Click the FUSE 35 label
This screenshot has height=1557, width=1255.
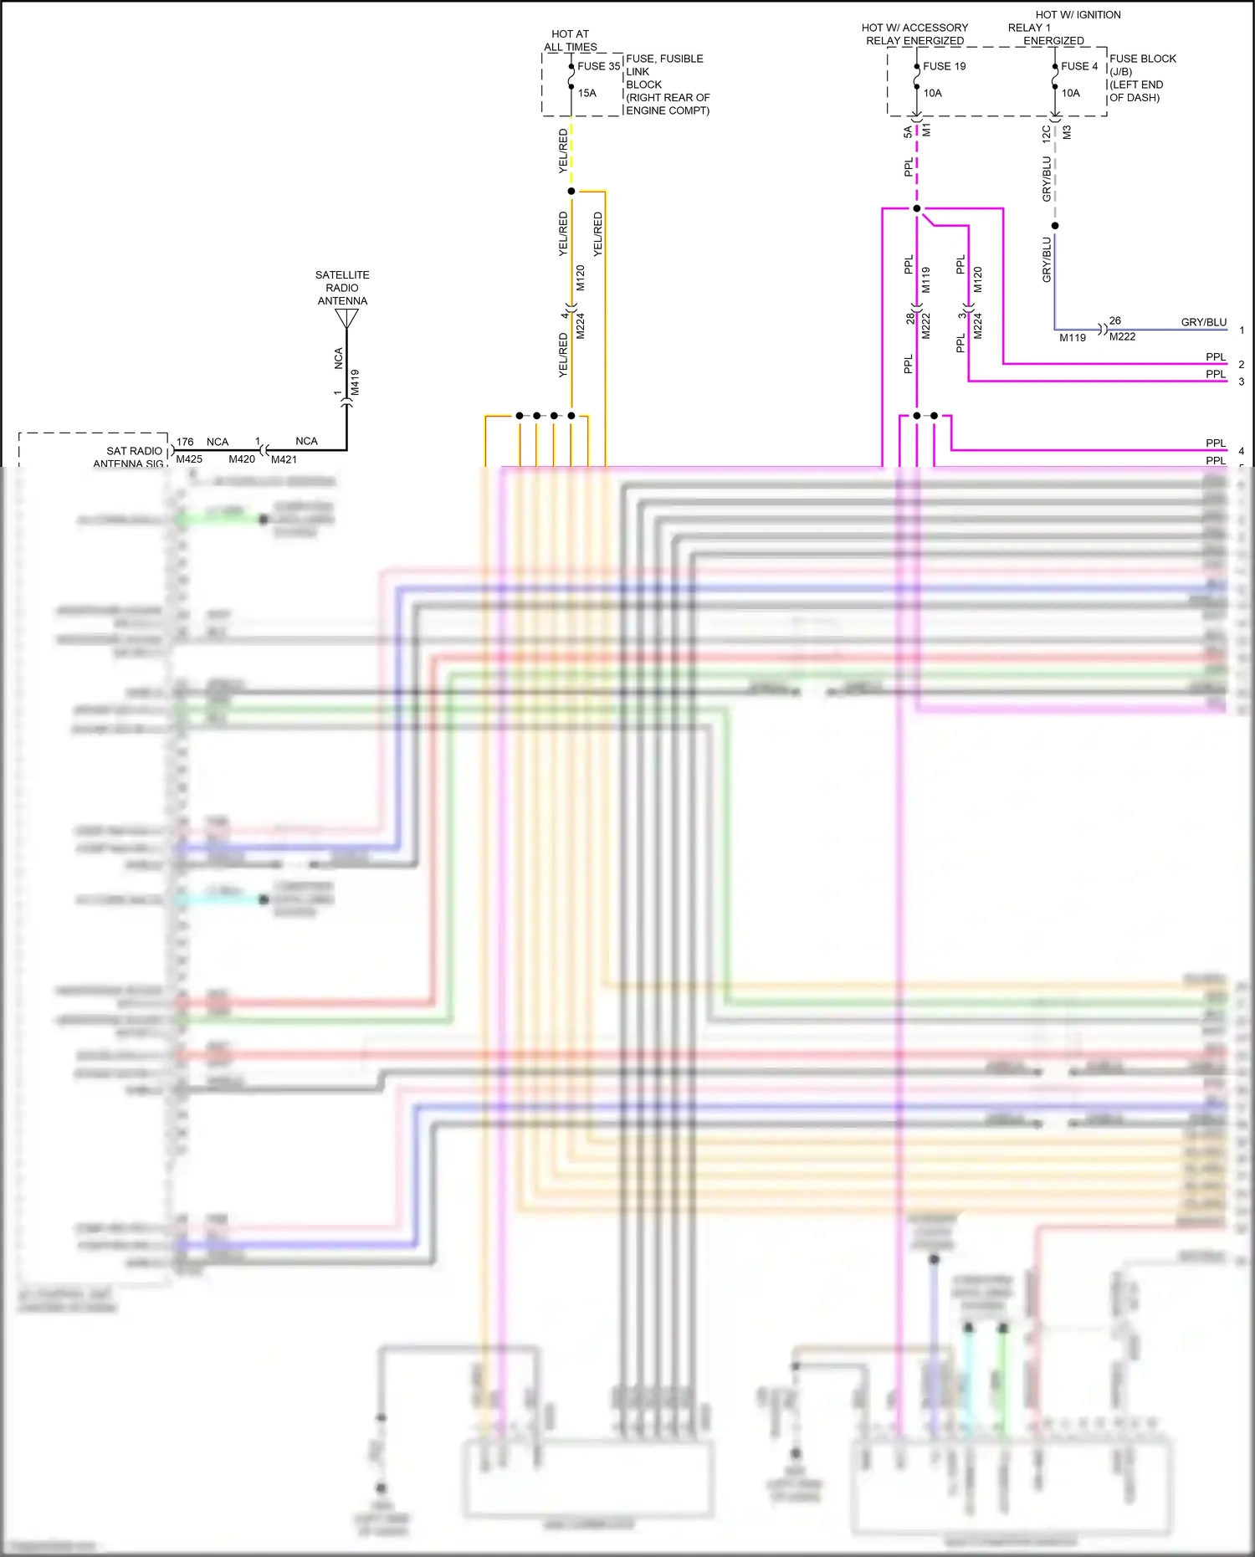(598, 66)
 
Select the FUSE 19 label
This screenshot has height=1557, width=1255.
(944, 66)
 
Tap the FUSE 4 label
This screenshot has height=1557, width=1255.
(1078, 66)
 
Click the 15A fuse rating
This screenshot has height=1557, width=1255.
(587, 93)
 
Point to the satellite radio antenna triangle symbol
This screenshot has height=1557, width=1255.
(346, 319)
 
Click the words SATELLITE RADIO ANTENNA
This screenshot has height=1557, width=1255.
(342, 287)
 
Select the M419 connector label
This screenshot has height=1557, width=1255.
(355, 382)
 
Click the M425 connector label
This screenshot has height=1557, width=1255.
(189, 459)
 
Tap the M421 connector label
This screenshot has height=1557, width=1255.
(284, 459)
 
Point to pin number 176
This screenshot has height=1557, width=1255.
(185, 442)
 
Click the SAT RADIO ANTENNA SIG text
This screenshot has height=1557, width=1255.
(131, 457)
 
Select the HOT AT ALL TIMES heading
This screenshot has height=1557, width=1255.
(570, 40)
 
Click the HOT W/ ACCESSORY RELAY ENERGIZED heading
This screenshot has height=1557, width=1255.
(914, 33)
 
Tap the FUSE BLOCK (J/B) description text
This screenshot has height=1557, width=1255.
(1141, 78)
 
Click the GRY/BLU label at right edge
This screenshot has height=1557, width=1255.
(1203, 322)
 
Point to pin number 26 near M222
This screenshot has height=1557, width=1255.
(1114, 320)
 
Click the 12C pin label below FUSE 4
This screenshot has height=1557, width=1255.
(1046, 134)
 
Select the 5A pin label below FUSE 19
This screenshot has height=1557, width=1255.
(908, 132)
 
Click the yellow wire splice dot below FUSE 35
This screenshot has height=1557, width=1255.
(571, 191)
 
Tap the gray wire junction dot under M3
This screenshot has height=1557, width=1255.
(1055, 226)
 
